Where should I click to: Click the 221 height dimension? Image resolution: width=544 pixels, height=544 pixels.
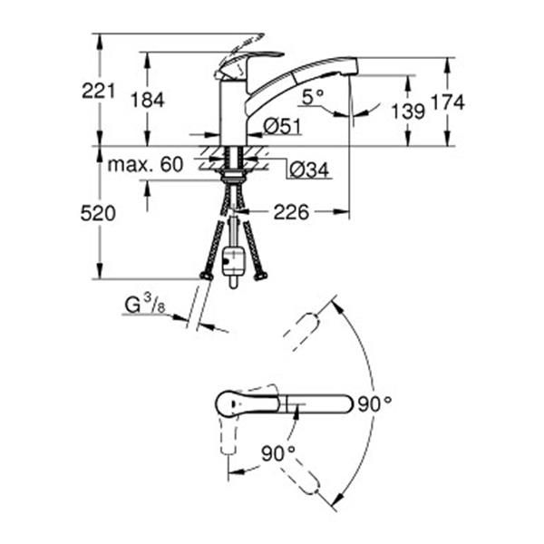tap(100, 90)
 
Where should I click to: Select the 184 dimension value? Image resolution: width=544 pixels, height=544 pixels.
tap(148, 100)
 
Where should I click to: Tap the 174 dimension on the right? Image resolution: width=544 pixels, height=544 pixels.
tap(447, 102)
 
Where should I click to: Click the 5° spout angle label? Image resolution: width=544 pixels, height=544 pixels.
tap(312, 95)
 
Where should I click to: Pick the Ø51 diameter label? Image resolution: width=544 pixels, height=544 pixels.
tap(282, 127)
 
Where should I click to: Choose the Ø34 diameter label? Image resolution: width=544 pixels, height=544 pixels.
tap(307, 168)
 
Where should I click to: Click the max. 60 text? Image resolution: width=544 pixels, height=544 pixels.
tap(145, 165)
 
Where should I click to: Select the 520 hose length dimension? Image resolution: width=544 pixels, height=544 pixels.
tap(100, 213)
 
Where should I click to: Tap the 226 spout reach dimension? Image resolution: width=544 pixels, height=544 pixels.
tap(292, 213)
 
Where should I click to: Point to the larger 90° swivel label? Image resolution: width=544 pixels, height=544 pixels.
tap(374, 404)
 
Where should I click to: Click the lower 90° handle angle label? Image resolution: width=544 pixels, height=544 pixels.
tap(278, 452)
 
